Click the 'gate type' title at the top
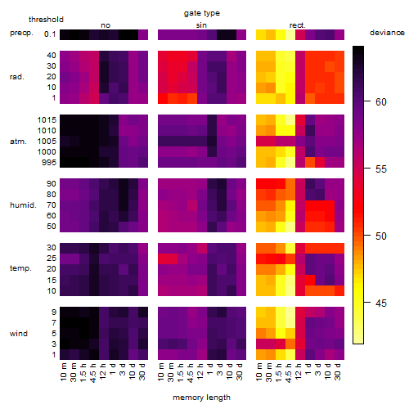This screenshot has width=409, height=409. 202,13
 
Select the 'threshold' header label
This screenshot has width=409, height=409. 46,20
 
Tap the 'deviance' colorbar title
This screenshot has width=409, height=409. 387,33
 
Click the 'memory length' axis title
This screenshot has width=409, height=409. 202,398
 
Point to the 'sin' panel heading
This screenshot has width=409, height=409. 201,25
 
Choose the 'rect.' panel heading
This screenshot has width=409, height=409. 298,25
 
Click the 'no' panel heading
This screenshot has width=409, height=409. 106,25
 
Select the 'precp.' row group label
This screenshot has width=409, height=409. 21,33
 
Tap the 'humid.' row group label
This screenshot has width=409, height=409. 23,205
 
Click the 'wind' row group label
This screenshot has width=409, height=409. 19,334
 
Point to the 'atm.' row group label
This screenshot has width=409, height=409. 18,142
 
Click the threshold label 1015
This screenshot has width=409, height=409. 47,120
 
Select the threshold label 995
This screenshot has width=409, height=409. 49,163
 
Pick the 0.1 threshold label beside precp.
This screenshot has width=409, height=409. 50,34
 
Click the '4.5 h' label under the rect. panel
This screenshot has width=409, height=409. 289,373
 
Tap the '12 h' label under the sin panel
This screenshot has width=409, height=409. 200,371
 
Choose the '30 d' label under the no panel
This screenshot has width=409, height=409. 142,371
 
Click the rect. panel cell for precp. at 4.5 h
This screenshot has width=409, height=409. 290,34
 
